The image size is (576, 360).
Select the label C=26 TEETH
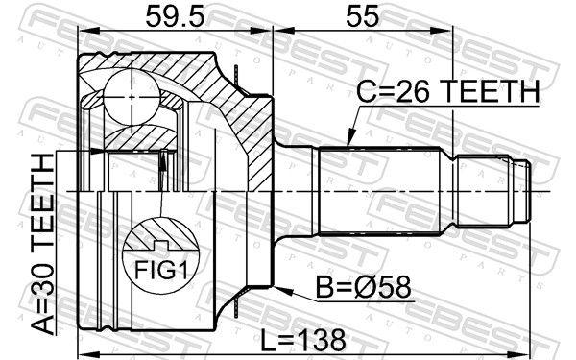click(x=447, y=94)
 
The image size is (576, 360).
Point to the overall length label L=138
click(x=306, y=337)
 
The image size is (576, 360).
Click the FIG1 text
click(x=161, y=269)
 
